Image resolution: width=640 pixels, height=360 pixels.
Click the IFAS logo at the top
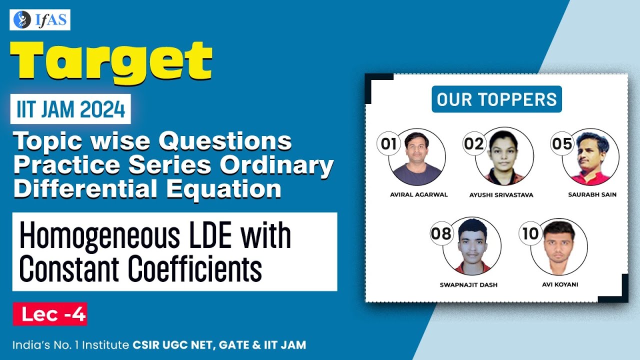[40, 20]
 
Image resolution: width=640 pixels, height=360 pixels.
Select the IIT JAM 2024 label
[71, 109]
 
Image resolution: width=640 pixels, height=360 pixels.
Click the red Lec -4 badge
[50, 314]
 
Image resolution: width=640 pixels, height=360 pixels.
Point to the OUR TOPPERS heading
[496, 99]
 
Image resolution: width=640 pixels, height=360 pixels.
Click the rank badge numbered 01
[389, 144]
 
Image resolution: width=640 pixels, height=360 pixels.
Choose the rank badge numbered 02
[473, 144]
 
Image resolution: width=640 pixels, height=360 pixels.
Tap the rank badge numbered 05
[561, 144]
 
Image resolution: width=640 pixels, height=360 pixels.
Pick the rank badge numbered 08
[440, 233]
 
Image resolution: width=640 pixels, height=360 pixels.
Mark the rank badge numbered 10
[530, 233]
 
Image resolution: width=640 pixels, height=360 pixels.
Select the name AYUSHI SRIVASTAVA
[501, 195]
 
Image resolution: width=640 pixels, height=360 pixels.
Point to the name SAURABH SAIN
[592, 194]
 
